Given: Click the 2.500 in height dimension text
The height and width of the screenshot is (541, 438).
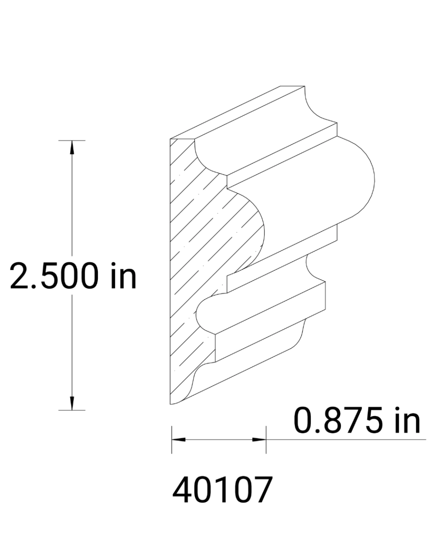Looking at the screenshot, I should (x=73, y=276).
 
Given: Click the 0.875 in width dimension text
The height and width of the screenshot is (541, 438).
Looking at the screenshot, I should (x=356, y=421).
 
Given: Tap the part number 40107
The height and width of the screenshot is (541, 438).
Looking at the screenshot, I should (x=223, y=491).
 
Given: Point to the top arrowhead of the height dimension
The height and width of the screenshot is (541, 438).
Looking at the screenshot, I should (x=72, y=147).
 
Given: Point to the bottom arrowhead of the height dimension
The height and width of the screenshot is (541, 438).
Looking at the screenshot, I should (x=72, y=404).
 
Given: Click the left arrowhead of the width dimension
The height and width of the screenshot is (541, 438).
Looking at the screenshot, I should (x=177, y=439).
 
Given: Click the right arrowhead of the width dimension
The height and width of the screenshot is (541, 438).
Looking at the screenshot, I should (x=259, y=439).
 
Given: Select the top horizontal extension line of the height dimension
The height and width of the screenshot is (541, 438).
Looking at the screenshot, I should (x=72, y=141).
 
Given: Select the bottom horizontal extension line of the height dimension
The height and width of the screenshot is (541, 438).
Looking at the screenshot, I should (x=72, y=410).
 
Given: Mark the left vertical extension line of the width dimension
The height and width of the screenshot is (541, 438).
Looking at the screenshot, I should (x=171, y=440).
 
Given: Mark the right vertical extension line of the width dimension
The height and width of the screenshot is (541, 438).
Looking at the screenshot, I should (x=266, y=440).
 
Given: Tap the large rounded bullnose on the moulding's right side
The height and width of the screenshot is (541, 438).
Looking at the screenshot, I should (x=361, y=180).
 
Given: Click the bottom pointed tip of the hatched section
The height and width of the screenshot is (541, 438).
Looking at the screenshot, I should (x=171, y=404).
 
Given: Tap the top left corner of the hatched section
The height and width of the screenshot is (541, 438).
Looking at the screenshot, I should (x=171, y=139).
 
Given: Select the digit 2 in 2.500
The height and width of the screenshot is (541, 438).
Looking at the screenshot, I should (x=21, y=276).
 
